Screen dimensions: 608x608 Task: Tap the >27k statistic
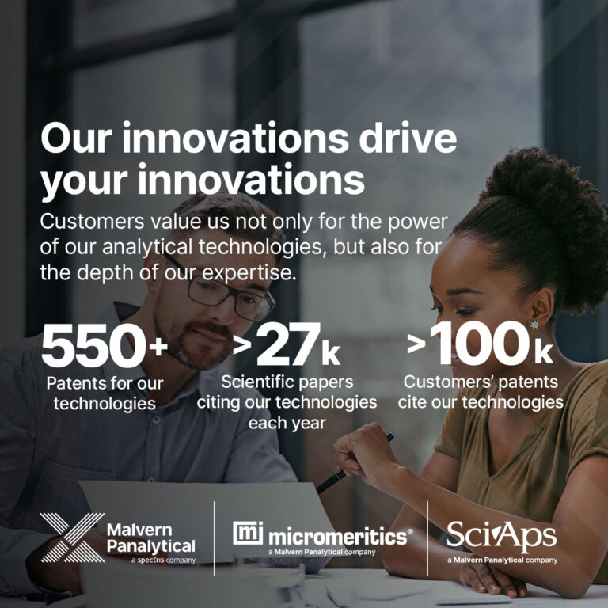click(x=287, y=347)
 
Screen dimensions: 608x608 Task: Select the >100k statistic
click(x=480, y=345)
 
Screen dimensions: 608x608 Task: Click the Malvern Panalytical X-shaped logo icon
click(x=72, y=538)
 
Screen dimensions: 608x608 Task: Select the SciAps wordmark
click(x=501, y=536)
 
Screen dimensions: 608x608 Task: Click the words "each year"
click(x=286, y=422)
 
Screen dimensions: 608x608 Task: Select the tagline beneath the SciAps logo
click(x=502, y=560)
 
